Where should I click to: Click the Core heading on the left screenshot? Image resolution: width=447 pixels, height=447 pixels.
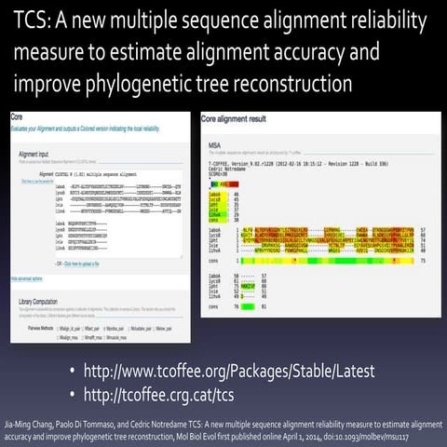tap(18, 119)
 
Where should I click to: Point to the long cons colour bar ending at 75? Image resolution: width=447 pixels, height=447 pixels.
tap(316, 263)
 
